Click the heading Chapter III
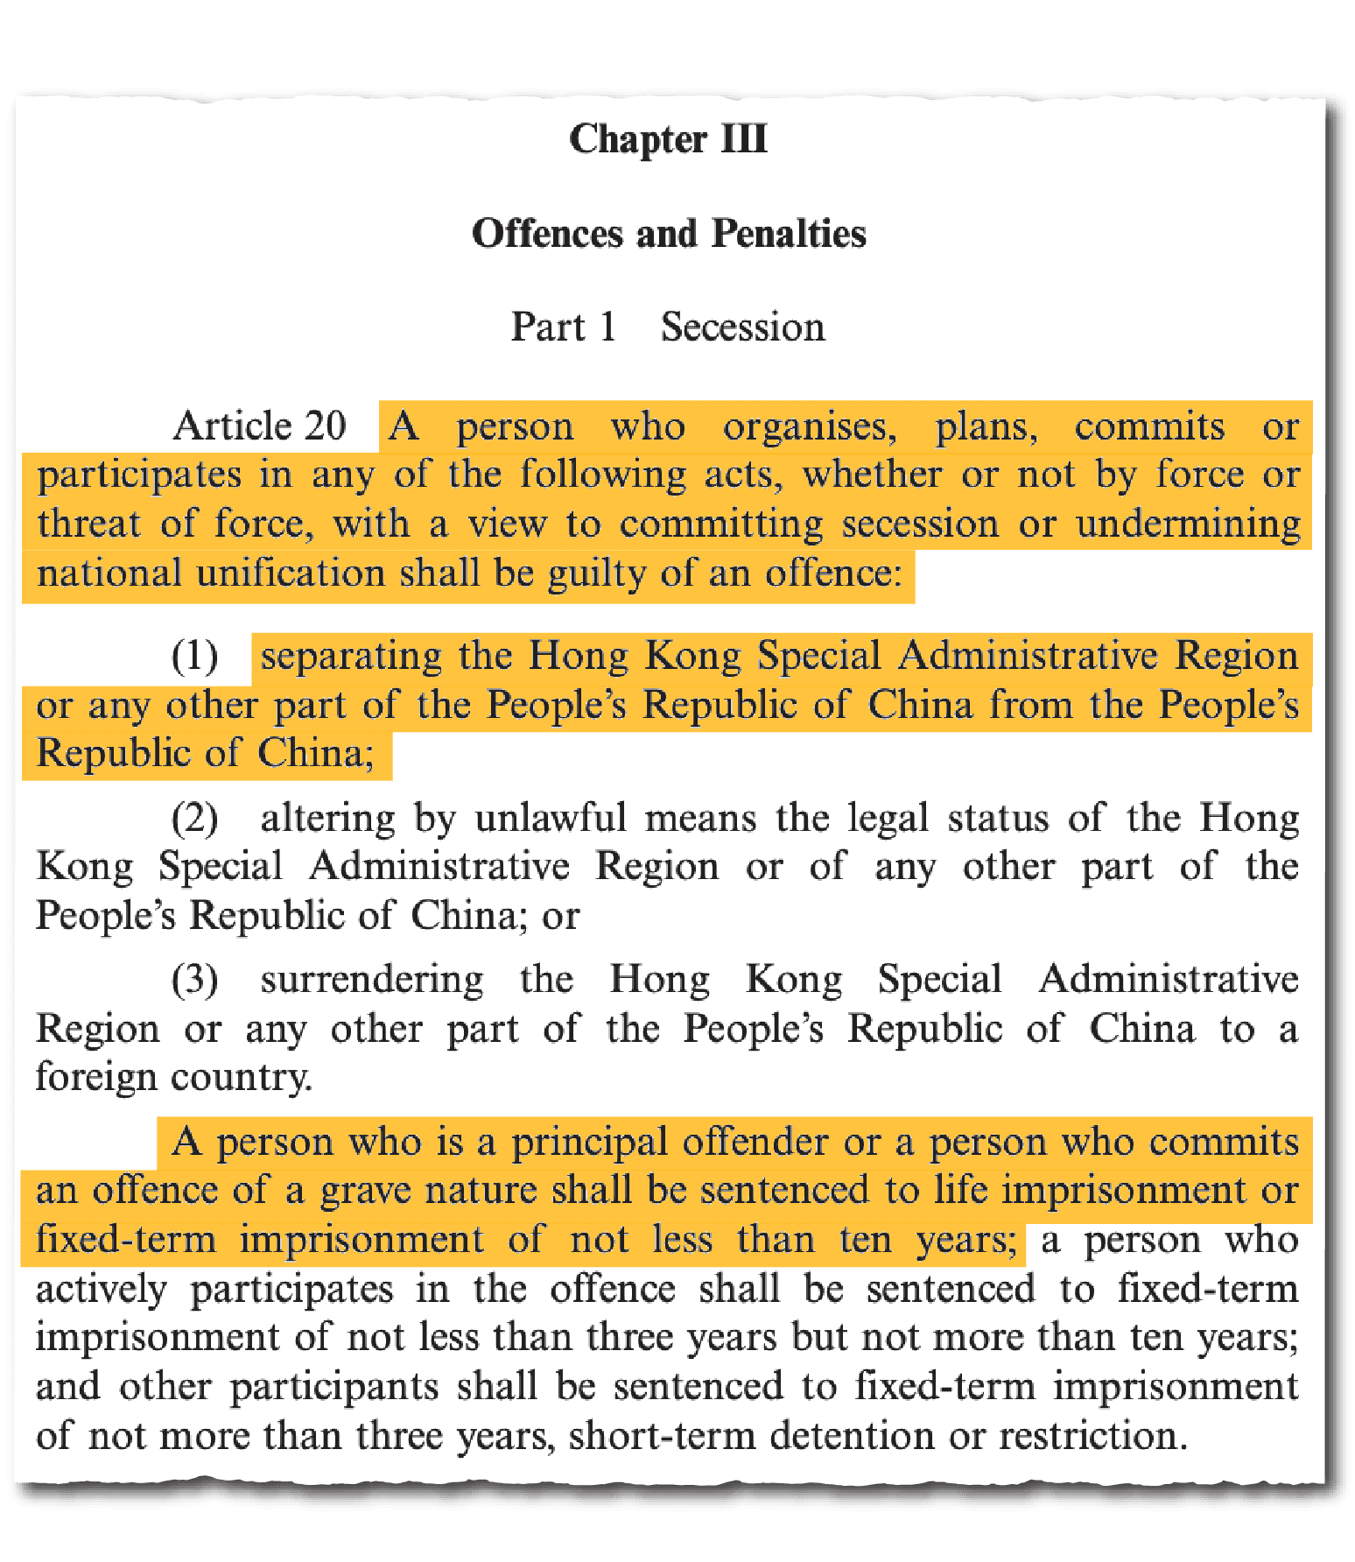[668, 139]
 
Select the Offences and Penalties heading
[669, 234]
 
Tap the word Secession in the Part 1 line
[742, 327]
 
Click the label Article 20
[259, 426]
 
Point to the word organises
[809, 427]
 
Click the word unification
[291, 573]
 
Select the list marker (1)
[194, 656]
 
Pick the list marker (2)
[194, 819]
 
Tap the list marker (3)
[194, 980]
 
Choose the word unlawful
[551, 819]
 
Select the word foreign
[95, 1077]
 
